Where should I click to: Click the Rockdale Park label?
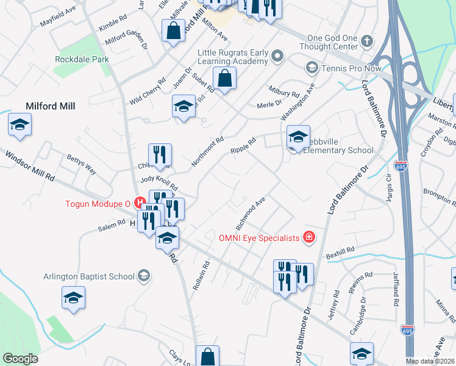tap(82, 60)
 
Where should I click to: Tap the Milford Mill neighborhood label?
tap(51, 106)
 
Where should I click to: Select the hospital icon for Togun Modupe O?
tap(140, 202)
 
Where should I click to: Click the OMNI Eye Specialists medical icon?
tap(309, 237)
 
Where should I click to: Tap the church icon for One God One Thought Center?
tap(366, 41)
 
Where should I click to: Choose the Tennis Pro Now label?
tap(351, 68)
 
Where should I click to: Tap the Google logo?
tap(20, 359)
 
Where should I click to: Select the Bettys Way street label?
tap(82, 165)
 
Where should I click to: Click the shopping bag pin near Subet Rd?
tap(224, 79)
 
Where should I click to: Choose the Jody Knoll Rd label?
tap(159, 183)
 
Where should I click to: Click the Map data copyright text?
tap(430, 361)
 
